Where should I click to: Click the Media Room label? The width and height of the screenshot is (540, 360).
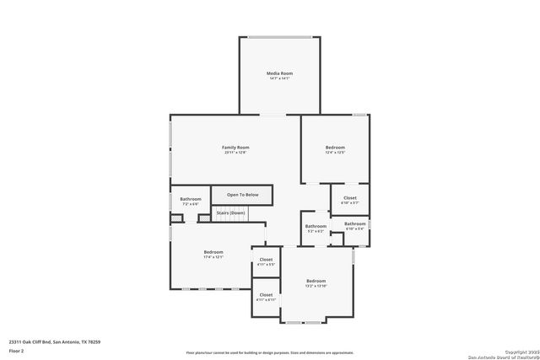278,73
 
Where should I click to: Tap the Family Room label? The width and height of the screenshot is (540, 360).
235,147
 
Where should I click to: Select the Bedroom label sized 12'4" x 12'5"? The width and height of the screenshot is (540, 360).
335,148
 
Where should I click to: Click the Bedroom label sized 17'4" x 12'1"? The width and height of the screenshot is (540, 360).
213,252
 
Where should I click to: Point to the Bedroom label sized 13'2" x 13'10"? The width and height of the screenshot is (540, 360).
316,281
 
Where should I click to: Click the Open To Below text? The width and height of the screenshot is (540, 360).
242,195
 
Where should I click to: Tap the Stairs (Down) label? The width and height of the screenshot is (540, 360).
231,212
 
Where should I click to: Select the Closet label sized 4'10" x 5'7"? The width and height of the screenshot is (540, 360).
349,198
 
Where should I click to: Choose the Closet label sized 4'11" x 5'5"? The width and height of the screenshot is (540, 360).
266,260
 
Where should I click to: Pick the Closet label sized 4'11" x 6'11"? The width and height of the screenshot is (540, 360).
266,295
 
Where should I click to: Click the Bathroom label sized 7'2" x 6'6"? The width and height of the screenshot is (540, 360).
190,199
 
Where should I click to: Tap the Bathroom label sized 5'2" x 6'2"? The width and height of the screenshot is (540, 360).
316,226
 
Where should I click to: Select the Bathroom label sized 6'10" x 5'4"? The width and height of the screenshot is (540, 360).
354,223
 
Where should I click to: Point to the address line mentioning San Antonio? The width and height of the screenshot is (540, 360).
48,341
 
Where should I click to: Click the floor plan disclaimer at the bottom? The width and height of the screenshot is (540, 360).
270,352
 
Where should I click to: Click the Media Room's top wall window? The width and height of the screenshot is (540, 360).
278,36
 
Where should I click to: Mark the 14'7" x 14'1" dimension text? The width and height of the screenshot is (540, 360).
278,78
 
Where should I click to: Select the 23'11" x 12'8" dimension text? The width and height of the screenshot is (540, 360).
235,152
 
